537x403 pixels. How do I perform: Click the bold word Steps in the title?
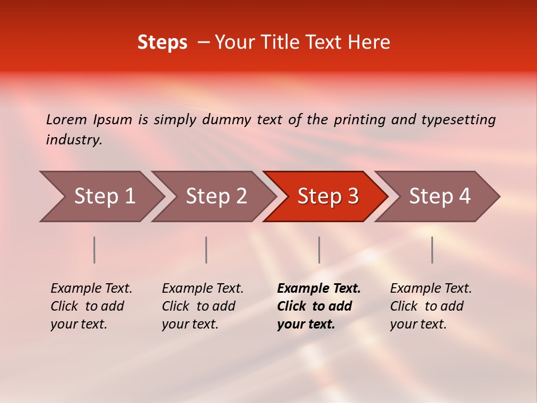coord(162,43)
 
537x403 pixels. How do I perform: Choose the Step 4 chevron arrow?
coord(437,196)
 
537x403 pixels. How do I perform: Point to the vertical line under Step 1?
coord(95,250)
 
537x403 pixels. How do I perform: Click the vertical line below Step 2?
coord(206,250)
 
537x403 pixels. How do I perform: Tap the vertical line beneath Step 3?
coord(319,250)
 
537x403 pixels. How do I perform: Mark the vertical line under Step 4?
coord(432,250)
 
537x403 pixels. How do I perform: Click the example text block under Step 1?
coord(91,306)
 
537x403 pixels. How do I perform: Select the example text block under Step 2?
coord(202,306)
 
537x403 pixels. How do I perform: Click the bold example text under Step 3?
coord(318,306)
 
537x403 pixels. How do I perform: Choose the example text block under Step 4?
coord(431,306)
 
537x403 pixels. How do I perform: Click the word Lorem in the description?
coord(67,120)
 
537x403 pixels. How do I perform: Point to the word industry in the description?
coord(74,140)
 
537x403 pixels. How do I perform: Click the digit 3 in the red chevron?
coord(352,196)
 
